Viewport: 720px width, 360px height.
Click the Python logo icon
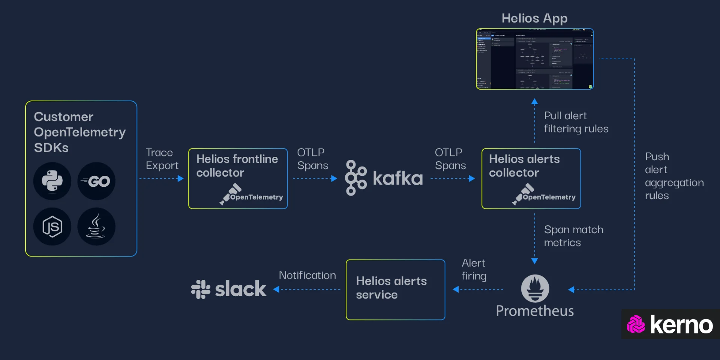pyautogui.click(x=52, y=181)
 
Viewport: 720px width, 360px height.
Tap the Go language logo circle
pyautogui.click(x=96, y=181)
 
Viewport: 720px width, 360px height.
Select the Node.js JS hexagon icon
pyautogui.click(x=52, y=226)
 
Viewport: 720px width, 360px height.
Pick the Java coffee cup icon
pyautogui.click(x=96, y=226)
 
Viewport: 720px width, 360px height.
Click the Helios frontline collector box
pyautogui.click(x=238, y=178)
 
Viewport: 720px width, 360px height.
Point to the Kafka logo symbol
pyautogui.click(x=355, y=178)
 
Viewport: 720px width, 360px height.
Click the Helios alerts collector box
pyautogui.click(x=531, y=178)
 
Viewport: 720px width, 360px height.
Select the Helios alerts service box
pyautogui.click(x=395, y=289)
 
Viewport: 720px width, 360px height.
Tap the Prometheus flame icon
pyautogui.click(x=535, y=288)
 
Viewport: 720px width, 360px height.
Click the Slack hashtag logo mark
pyautogui.click(x=201, y=289)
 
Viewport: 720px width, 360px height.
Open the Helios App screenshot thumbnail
pyautogui.click(x=535, y=59)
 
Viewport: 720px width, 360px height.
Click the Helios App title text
pyautogui.click(x=534, y=18)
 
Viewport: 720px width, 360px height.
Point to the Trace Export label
pyautogui.click(x=162, y=159)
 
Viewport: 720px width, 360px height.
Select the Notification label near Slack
pyautogui.click(x=307, y=275)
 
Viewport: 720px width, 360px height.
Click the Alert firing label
pyautogui.click(x=474, y=269)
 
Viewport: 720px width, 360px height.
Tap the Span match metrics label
pyautogui.click(x=573, y=236)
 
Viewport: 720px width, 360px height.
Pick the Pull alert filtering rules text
pyautogui.click(x=576, y=122)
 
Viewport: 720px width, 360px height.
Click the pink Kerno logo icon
pyautogui.click(x=636, y=324)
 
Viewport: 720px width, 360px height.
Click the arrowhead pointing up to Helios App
pyautogui.click(x=535, y=101)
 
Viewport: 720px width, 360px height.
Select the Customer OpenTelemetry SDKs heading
pyautogui.click(x=79, y=132)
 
